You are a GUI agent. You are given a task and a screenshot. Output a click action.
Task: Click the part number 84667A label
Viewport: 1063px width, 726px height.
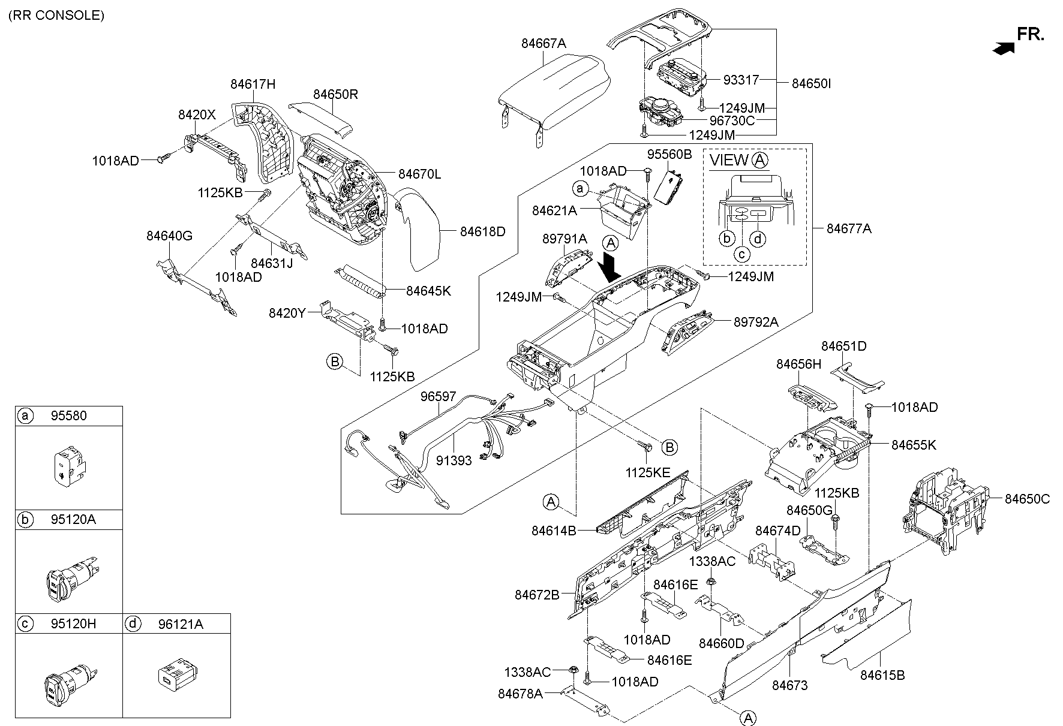point(543,43)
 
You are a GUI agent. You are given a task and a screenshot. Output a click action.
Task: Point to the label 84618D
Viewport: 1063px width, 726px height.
point(482,231)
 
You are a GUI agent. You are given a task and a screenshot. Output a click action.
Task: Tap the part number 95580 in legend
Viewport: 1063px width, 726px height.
point(69,416)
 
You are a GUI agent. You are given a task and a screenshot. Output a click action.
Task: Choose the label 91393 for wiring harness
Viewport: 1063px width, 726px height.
point(454,460)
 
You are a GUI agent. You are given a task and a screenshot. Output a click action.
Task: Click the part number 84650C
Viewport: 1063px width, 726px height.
point(1027,499)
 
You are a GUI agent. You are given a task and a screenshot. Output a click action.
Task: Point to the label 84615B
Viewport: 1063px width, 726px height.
point(882,675)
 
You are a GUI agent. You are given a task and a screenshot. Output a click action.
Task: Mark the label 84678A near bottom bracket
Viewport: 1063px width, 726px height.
point(520,694)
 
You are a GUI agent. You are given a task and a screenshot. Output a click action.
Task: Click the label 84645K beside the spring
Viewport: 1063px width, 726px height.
point(428,291)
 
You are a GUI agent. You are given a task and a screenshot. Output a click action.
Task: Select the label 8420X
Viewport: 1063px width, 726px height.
point(196,115)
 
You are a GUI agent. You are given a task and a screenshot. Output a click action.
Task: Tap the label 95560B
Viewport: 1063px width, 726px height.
point(669,154)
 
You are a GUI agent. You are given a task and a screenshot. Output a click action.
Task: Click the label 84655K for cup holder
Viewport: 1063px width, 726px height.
point(913,445)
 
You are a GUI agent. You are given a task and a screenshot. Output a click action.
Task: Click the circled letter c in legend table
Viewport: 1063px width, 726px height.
point(25,623)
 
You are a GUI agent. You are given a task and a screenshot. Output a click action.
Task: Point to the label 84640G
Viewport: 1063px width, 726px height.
point(169,236)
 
